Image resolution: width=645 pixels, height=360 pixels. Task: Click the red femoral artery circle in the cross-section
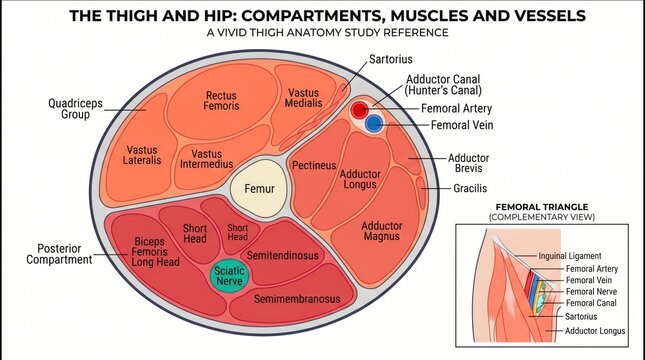[x=360, y=110]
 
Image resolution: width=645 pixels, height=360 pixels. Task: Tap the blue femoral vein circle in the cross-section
[x=374, y=123]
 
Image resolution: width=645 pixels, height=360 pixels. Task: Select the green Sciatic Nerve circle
[x=229, y=276]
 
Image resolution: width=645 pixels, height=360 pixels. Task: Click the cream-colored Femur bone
[x=259, y=188]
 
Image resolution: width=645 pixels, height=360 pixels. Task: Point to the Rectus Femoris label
[x=221, y=101]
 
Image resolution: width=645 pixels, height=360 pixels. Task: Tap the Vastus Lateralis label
[x=142, y=155]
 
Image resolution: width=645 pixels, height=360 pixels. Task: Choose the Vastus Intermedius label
[x=206, y=159]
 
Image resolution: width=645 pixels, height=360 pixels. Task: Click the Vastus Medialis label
[x=304, y=98]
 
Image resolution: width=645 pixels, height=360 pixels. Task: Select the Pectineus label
[x=314, y=165]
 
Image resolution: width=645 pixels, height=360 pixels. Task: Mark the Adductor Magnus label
[x=382, y=231]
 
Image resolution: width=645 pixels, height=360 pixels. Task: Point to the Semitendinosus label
[x=283, y=255]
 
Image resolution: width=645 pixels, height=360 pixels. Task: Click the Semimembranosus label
[x=297, y=299]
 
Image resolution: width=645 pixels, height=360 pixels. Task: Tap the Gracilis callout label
[x=470, y=188]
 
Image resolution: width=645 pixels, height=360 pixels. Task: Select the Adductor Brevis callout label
[x=469, y=163]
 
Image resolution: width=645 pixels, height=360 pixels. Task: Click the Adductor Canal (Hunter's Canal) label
[x=443, y=85]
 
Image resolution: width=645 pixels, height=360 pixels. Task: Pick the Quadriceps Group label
[x=75, y=109]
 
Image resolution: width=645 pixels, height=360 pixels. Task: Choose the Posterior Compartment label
[x=59, y=254]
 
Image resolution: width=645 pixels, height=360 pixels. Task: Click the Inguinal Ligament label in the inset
[x=570, y=256]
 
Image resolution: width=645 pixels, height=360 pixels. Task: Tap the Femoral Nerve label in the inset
[x=592, y=292]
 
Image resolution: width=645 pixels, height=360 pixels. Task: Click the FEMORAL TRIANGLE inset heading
[x=542, y=207]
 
